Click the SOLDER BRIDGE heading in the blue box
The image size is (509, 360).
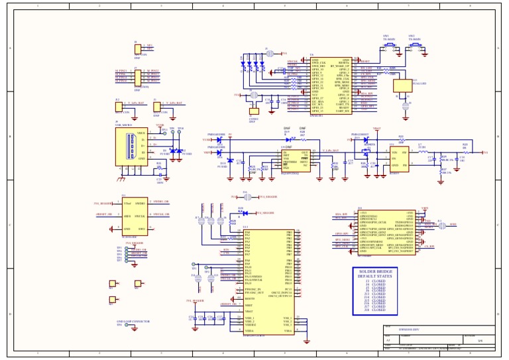click(374, 272)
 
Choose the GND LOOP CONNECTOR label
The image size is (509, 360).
click(133, 321)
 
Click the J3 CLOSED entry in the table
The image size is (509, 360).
click(374, 281)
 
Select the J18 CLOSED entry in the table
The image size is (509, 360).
click(374, 310)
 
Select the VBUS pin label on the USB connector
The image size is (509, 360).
click(141, 133)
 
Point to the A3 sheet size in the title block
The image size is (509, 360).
click(388, 339)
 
